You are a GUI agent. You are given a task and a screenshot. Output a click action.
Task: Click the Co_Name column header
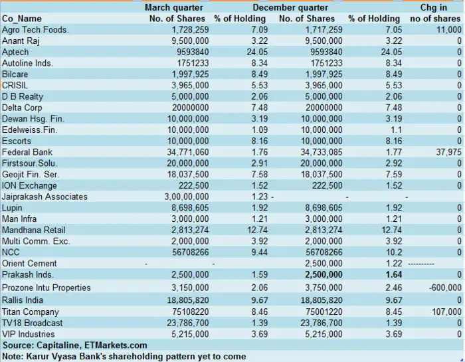22,19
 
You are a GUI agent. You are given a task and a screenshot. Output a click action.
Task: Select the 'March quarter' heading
174,7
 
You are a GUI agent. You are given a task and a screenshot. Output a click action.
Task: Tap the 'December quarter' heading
290,7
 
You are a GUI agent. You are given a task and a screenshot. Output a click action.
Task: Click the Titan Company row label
31,312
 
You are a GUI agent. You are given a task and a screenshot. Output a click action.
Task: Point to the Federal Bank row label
27,152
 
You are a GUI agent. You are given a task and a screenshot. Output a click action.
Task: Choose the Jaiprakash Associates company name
45,197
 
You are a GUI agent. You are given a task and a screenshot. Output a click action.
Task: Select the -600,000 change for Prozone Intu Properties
445,288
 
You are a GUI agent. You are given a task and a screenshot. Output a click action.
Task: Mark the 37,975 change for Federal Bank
448,152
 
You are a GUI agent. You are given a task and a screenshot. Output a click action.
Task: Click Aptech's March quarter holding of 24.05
257,52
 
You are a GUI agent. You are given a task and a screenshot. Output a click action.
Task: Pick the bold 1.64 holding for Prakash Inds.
394,274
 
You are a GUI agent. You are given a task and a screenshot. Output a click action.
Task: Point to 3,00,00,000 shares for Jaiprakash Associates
187,197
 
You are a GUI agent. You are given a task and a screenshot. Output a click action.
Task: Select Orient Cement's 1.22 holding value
394,263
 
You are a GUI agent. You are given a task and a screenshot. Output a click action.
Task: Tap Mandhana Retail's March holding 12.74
257,230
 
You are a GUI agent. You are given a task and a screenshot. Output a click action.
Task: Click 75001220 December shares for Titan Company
321,312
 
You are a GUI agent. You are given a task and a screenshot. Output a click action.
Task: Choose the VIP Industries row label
28,334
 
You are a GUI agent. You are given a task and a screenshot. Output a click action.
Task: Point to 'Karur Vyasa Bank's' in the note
66,356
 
